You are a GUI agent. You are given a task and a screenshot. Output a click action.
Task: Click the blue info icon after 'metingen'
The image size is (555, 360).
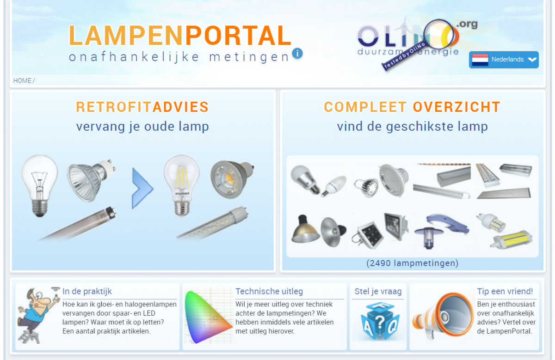(x=297, y=54)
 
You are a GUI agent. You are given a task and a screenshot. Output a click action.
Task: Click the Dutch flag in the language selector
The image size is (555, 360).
(x=480, y=60)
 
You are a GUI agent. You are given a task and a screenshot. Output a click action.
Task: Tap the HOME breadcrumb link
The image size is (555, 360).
(x=22, y=80)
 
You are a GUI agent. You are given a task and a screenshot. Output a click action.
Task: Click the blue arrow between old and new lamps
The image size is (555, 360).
(x=142, y=188)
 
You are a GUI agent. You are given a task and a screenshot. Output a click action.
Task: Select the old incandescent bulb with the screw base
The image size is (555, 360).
(x=40, y=186)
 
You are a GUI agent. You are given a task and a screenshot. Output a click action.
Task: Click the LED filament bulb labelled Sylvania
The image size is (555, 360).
(x=182, y=186)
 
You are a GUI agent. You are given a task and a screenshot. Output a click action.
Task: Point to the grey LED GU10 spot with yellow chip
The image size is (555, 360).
(x=232, y=179)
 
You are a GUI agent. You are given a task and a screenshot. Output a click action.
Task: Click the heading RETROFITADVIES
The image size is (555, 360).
(x=142, y=107)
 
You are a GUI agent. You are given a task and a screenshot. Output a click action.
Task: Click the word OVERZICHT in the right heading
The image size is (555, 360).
(x=456, y=107)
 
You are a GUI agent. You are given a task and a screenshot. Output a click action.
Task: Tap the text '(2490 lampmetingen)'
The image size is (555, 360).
(x=412, y=263)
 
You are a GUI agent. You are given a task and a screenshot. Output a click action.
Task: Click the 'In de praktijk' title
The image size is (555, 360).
(x=87, y=292)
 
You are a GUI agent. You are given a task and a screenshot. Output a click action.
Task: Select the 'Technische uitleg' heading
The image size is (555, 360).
(x=269, y=292)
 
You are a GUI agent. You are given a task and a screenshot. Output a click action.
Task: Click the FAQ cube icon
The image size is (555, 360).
(x=379, y=321)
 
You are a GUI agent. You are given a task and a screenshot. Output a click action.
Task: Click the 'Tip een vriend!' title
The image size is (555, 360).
(x=505, y=292)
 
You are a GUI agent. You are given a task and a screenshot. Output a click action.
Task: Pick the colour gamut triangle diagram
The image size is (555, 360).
(x=208, y=317)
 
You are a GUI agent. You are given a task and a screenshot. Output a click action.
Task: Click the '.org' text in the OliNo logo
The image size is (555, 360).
(x=467, y=24)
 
